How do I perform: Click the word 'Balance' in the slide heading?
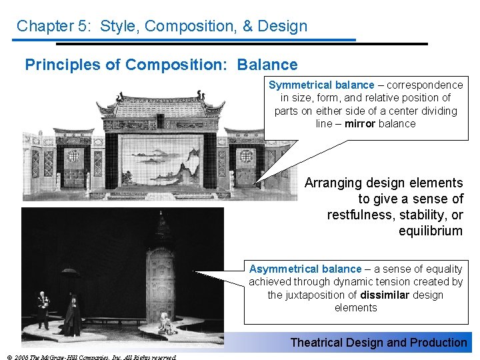[x=267, y=65]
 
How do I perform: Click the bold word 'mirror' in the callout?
[x=360, y=123]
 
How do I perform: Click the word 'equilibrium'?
[x=430, y=231]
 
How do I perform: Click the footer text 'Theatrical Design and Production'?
[x=378, y=343]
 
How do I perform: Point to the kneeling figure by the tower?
[x=167, y=325]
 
